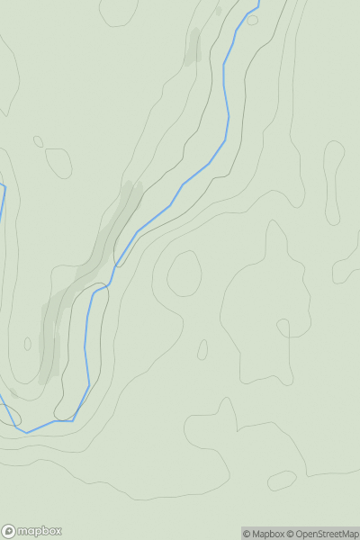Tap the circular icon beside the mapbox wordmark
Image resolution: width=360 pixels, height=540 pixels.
[9, 531]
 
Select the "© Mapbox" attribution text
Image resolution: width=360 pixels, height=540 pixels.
[264, 534]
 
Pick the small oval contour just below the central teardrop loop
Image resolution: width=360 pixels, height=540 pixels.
[202, 349]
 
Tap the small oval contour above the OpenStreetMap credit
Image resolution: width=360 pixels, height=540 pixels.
[282, 481]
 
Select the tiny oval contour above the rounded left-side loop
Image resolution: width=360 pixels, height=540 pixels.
[38, 141]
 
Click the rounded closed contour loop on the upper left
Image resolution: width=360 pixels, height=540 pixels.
[58, 162]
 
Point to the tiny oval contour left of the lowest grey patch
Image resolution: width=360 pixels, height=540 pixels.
[27, 344]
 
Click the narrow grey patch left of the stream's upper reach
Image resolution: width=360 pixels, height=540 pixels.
[193, 47]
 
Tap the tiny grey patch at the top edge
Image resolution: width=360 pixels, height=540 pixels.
[218, 11]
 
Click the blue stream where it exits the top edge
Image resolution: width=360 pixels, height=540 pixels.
[257, 4]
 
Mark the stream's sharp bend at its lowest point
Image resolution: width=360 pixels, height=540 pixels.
[25, 432]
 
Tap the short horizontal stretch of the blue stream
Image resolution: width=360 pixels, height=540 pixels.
[63, 420]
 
